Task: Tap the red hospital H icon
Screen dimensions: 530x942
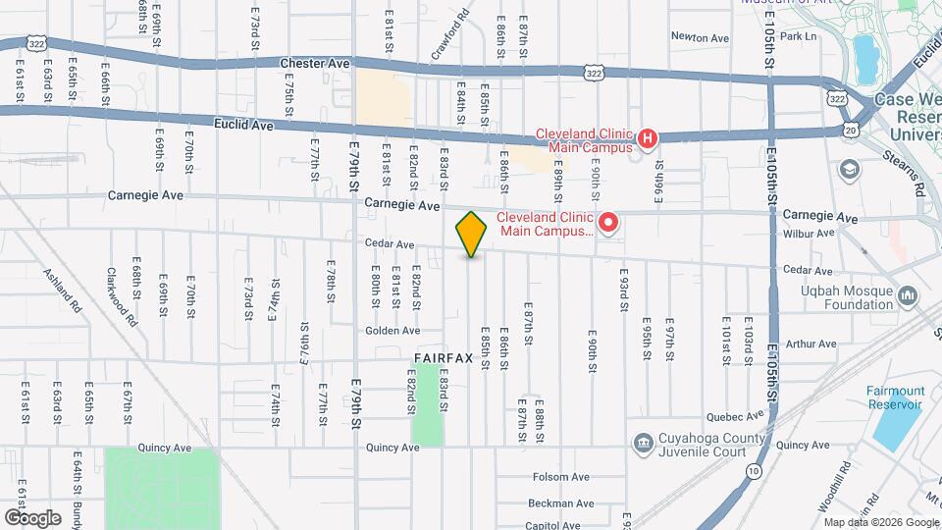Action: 647,139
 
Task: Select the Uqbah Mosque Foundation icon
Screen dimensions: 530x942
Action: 907,294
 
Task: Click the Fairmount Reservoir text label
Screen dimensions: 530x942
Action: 895,397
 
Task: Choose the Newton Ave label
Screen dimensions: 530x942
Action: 701,38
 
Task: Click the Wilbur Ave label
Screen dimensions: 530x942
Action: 810,234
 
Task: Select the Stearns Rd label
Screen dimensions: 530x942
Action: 918,177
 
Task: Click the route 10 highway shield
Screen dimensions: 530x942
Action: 753,472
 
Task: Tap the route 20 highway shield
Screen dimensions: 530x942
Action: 850,129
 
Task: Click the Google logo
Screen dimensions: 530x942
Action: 32,517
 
